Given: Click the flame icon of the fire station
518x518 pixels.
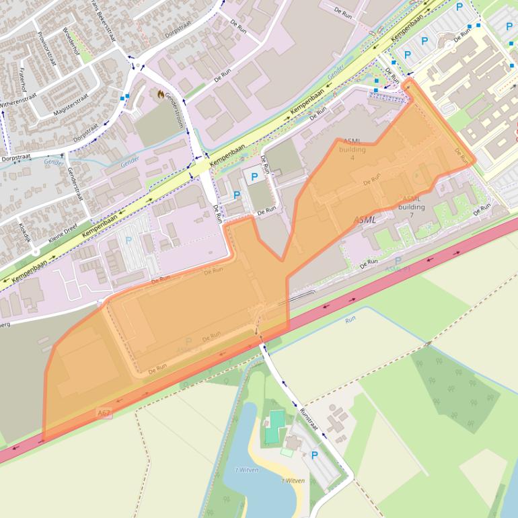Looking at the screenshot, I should [x=160, y=94].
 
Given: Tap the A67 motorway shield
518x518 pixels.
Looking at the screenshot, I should [x=104, y=412].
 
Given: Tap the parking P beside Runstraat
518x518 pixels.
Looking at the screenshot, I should [x=314, y=455].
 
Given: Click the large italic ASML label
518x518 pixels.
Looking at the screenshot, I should [x=365, y=220].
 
